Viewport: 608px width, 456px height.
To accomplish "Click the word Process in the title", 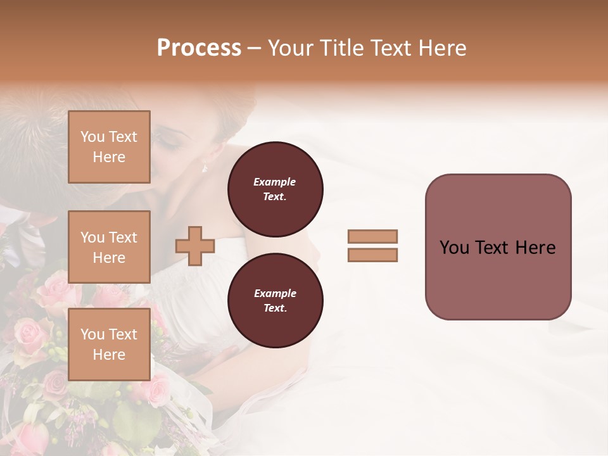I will (x=199, y=48).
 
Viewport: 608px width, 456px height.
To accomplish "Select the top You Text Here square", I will (x=109, y=147).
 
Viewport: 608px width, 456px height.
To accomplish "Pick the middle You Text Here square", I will (x=109, y=247).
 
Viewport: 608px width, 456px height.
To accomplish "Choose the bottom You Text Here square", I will (x=109, y=345).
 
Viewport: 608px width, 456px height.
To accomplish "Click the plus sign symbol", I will (x=194, y=246).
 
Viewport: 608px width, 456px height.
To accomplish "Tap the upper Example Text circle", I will (x=275, y=189).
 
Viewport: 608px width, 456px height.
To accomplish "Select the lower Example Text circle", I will (x=275, y=301).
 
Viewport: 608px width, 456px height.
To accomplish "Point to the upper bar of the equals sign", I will (x=372, y=237).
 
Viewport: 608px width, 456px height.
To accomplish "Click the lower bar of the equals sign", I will (x=372, y=255).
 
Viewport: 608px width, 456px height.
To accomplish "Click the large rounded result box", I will (x=498, y=247).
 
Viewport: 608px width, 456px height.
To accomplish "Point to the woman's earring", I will (x=205, y=168).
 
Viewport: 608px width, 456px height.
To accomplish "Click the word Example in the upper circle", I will (x=275, y=182).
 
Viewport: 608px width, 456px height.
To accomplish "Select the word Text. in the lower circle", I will (x=275, y=308).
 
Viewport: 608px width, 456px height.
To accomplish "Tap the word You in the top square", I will (x=92, y=137).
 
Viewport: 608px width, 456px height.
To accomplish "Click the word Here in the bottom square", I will (x=109, y=355).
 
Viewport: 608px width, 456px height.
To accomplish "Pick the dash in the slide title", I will (x=255, y=48).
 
